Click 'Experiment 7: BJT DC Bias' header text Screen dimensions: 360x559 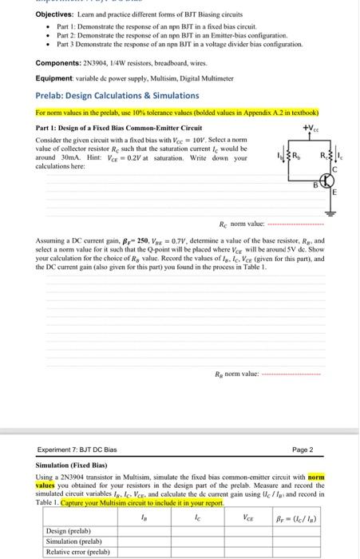point(81,450)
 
